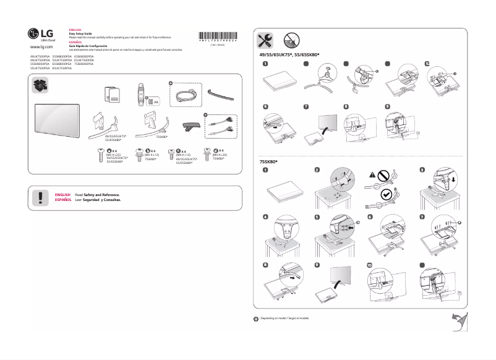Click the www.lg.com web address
(41, 46)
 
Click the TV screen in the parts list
(58, 120)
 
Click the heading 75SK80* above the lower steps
(268, 161)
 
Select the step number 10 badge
(370, 265)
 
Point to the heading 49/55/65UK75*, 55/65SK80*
(289, 55)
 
